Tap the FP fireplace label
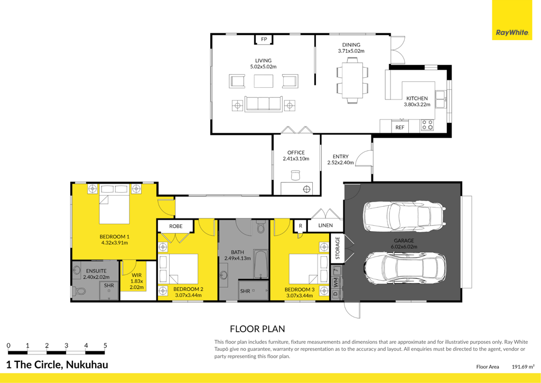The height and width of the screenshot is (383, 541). point(264,39)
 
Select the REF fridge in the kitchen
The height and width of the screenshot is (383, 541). point(400,126)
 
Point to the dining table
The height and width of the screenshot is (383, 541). point(352,80)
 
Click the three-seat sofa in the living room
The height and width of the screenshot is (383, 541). point(263,104)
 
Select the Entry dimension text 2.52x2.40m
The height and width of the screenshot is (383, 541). point(341,162)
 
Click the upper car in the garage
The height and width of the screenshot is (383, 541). point(404,216)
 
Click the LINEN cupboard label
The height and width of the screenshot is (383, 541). point(325,225)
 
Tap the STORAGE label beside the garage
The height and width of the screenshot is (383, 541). point(338,248)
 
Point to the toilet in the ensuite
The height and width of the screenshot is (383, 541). point(79,291)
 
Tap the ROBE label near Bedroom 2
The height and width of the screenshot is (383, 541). point(175,226)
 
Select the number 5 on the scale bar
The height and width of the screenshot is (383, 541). point(105,345)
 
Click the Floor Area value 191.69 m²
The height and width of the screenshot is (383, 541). point(523,367)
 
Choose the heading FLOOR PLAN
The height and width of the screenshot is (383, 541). point(257,329)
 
